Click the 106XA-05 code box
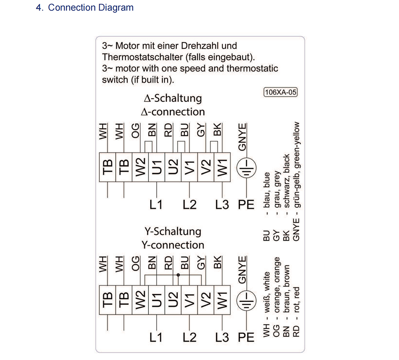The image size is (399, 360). click(280, 92)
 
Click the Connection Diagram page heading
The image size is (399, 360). click(85, 7)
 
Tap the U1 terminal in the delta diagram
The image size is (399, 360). click(157, 167)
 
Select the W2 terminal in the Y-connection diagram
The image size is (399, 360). click(140, 300)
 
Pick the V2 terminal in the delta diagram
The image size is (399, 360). click(206, 167)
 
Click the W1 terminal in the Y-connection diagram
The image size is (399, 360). click(222, 300)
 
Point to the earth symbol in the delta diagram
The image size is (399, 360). click(246, 168)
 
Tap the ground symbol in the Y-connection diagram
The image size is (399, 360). click(246, 301)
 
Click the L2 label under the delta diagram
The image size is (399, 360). click(190, 205)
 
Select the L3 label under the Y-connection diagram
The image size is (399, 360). click(222, 337)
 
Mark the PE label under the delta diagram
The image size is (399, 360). click(246, 205)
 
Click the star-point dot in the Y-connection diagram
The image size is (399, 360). click(178, 275)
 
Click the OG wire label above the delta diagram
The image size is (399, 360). click(136, 131)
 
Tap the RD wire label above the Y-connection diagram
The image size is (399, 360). click(168, 263)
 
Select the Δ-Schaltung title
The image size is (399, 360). click(173, 98)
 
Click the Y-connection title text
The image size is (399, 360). click(173, 245)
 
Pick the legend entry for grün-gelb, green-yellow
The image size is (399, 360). click(296, 181)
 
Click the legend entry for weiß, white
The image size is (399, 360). click(266, 305)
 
